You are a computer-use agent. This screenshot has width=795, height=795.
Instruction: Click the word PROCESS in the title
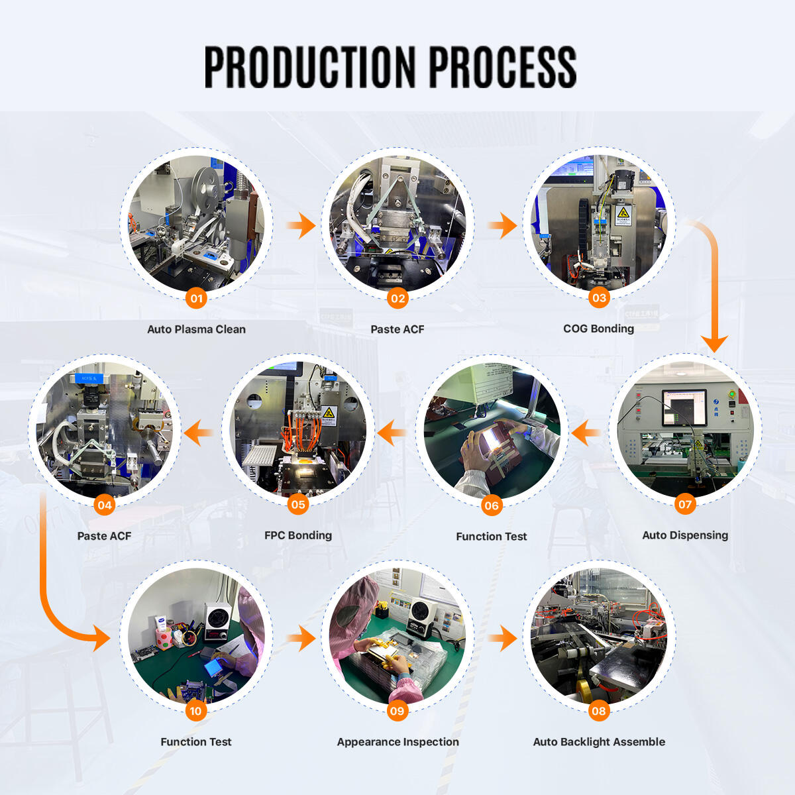click(x=503, y=67)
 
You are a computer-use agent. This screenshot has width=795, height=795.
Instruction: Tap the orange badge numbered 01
click(x=196, y=298)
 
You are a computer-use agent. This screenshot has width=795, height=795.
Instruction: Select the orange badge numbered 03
click(x=599, y=297)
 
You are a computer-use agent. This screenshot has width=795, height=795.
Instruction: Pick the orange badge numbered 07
click(x=685, y=504)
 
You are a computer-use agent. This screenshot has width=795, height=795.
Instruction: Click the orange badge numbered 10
click(x=196, y=711)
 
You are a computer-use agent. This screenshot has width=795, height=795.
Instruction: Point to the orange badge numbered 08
click(x=599, y=711)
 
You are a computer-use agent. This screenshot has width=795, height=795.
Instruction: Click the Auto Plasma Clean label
click(x=196, y=329)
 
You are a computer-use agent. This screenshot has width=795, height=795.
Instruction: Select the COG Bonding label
click(x=598, y=329)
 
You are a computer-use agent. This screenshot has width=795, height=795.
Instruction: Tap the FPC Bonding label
click(x=298, y=535)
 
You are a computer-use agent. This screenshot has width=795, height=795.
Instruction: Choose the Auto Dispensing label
click(x=685, y=535)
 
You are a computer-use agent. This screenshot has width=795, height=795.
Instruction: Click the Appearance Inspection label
click(x=397, y=742)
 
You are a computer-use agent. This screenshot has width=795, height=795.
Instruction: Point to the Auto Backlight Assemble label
click(x=599, y=742)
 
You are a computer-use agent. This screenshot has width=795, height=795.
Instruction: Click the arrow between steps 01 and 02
click(x=301, y=225)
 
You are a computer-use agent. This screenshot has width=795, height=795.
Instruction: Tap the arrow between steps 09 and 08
click(x=503, y=639)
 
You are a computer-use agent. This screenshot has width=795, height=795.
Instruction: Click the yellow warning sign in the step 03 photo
click(x=622, y=213)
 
